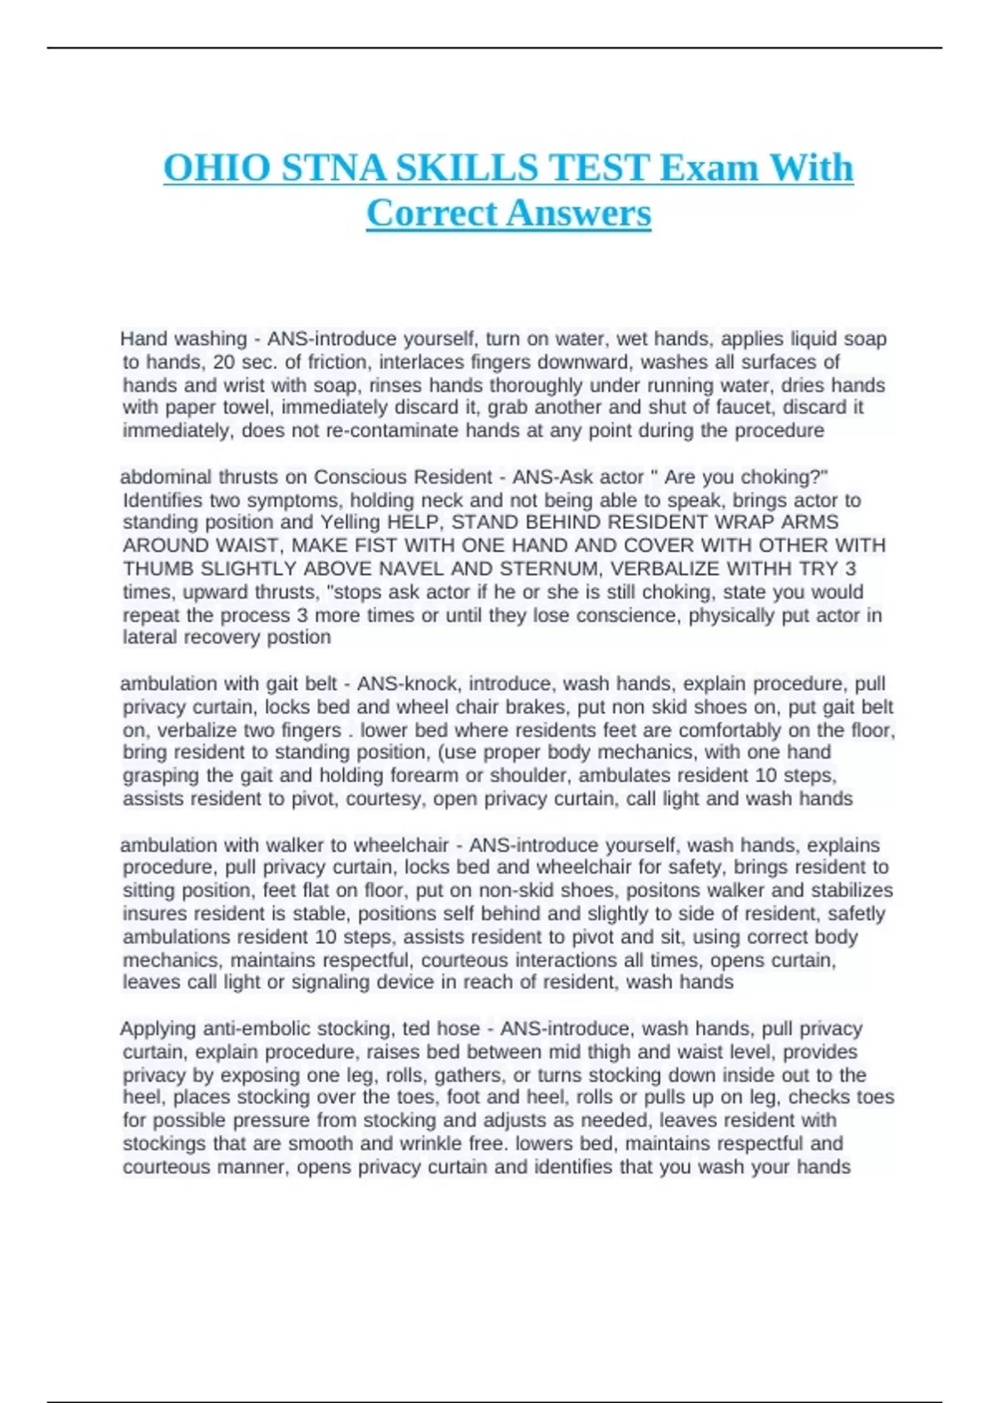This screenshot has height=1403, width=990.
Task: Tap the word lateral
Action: tap(150, 637)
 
